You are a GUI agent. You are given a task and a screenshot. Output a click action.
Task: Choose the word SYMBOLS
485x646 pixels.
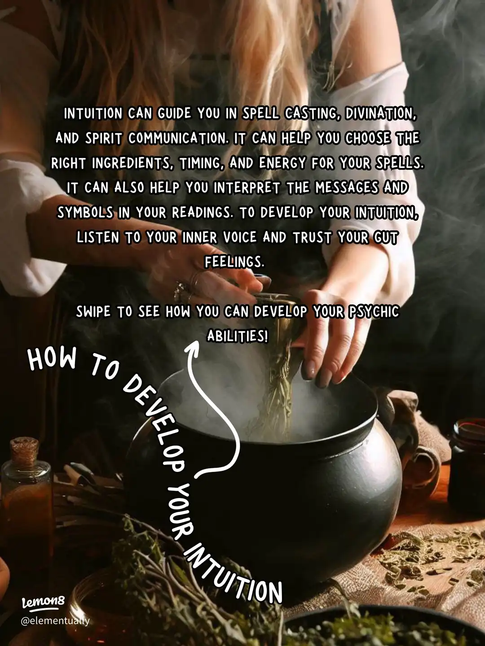point(85,212)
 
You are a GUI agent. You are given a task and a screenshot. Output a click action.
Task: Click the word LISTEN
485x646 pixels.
point(97,237)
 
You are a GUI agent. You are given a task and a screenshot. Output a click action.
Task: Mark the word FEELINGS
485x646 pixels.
point(234,262)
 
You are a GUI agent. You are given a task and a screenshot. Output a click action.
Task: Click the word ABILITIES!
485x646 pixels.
point(237,336)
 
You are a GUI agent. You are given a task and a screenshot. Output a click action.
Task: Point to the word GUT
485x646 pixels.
point(386,237)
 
